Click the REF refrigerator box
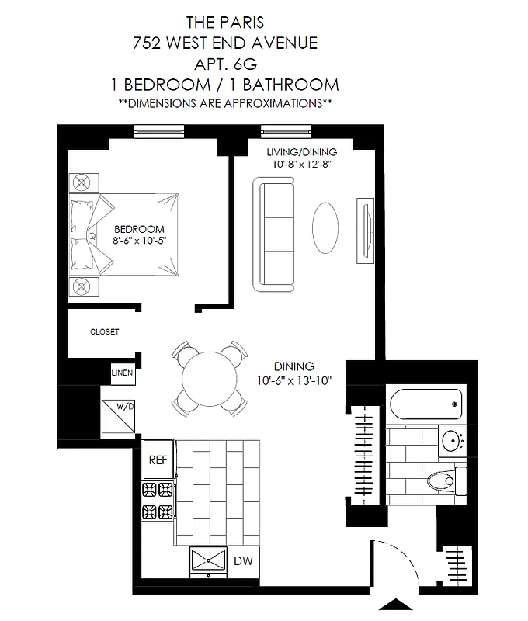pyautogui.click(x=158, y=460)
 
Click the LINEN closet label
pyautogui.click(x=123, y=373)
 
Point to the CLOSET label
pyautogui.click(x=105, y=331)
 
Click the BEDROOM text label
pyautogui.click(x=139, y=229)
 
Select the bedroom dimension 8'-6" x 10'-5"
pyautogui.click(x=140, y=241)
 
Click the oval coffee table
pyautogui.click(x=325, y=227)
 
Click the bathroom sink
pyautogui.click(x=451, y=442)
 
